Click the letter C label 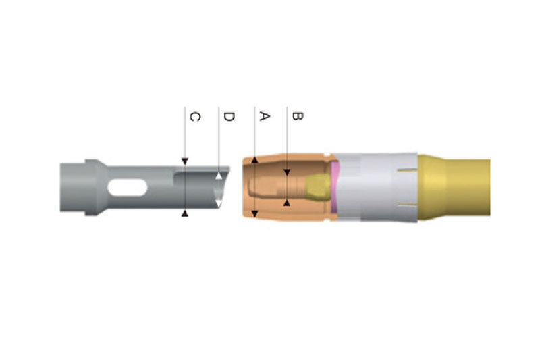[195, 116]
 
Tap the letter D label [229, 116]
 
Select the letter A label [264, 116]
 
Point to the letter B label [297, 116]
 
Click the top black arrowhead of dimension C [185, 161]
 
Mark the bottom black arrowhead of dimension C [185, 213]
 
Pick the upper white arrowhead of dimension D [219, 176]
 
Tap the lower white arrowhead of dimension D [219, 203]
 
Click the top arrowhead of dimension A [255, 160]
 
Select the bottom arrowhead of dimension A [255, 214]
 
